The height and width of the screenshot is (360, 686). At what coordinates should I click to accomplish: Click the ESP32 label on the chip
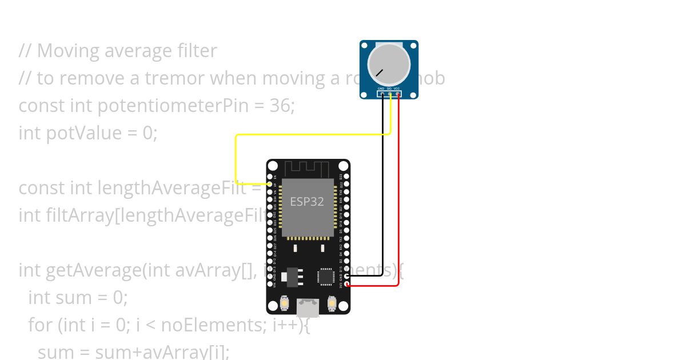pyautogui.click(x=306, y=201)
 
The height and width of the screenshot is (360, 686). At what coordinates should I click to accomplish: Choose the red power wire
pyautogui.click(x=398, y=200)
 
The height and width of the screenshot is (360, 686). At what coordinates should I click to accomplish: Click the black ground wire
pyautogui.click(x=383, y=200)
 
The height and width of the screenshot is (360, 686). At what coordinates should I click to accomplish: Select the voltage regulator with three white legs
pyautogui.click(x=292, y=276)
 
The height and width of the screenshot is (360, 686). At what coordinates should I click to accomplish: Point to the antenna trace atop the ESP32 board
pyautogui.click(x=308, y=169)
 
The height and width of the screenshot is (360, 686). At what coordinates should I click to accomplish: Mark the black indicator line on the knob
pyautogui.click(x=379, y=73)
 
